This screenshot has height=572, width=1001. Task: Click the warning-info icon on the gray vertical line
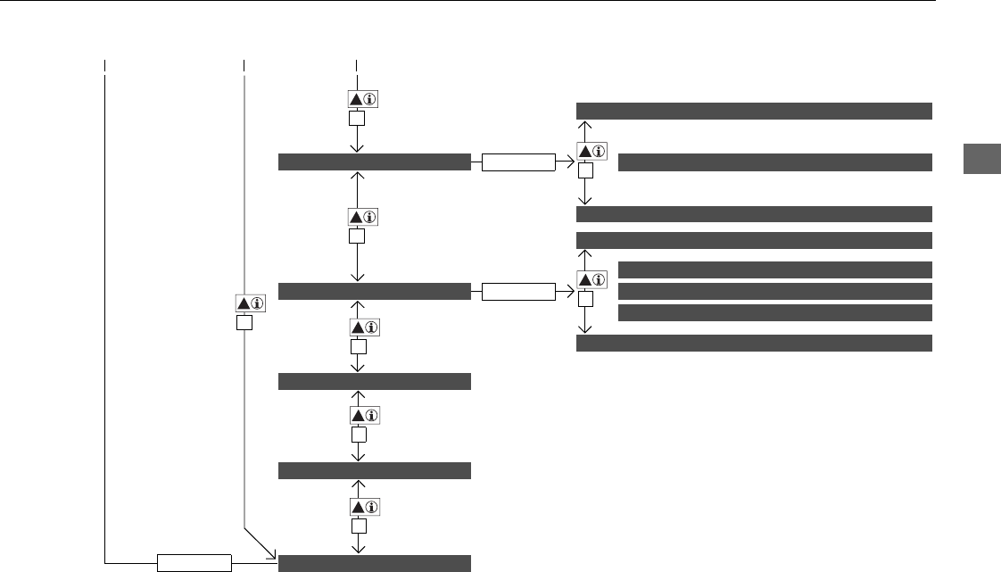click(246, 303)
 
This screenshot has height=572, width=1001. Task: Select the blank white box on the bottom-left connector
click(194, 563)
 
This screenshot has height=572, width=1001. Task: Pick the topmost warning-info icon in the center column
click(357, 99)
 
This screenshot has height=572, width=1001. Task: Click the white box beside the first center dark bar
click(517, 162)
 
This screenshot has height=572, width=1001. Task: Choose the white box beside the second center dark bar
click(517, 291)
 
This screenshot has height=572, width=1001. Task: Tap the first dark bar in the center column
click(374, 162)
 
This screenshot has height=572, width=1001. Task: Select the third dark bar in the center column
click(374, 382)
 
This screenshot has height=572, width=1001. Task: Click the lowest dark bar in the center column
click(374, 562)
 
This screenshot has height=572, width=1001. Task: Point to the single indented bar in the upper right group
click(774, 162)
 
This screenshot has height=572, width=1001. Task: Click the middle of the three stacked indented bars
click(774, 291)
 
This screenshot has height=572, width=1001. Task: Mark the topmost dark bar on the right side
click(754, 111)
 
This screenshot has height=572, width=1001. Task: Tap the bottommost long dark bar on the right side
click(754, 344)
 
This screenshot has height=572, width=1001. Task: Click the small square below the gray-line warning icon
click(245, 323)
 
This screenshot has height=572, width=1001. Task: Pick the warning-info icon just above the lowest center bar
click(357, 506)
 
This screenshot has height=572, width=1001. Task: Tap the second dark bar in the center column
click(374, 291)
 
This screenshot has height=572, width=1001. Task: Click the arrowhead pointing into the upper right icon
click(568, 162)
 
